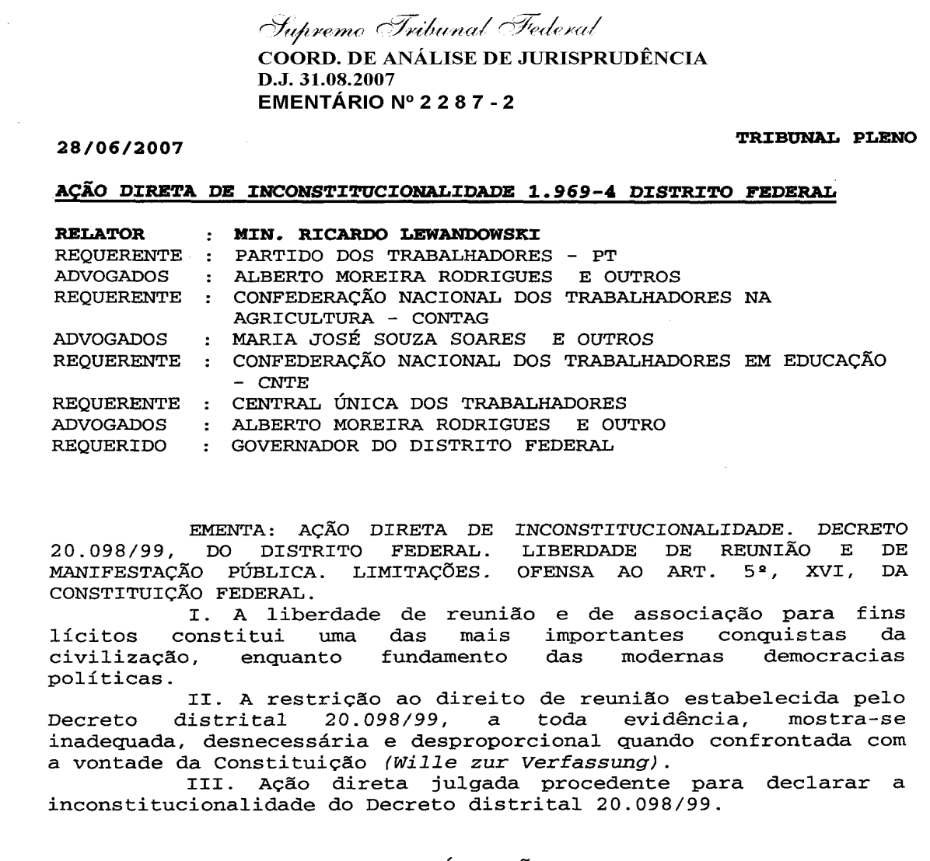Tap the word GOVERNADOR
(x=292, y=447)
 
